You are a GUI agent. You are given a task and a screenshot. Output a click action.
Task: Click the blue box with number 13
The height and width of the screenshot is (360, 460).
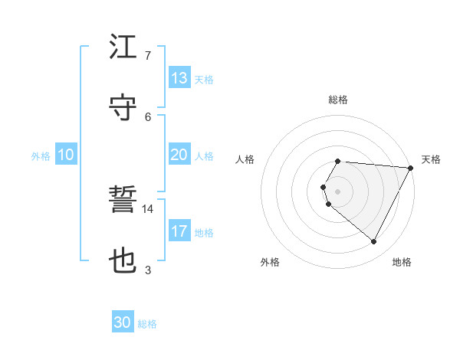coord(179,78)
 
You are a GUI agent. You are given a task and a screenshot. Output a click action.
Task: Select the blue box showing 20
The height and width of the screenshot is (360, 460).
coord(179,155)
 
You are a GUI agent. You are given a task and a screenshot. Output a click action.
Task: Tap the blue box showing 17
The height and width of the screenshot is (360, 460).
coord(179,231)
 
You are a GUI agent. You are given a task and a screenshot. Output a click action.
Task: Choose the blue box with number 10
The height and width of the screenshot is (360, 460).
coord(66,155)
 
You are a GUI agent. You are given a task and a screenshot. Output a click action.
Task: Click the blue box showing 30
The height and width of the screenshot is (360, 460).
coord(123,323)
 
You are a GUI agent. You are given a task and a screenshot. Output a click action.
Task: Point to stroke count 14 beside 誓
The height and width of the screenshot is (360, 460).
coord(148,208)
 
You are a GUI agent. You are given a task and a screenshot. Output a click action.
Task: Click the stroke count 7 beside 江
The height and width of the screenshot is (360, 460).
coord(148,55)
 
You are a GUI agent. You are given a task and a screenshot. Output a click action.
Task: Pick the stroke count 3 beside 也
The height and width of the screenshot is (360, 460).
coord(148,270)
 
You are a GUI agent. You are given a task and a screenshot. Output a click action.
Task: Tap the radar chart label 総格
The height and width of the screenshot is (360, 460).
coord(338,100)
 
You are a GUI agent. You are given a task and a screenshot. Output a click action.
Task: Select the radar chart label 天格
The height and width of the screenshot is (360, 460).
coord(431,159)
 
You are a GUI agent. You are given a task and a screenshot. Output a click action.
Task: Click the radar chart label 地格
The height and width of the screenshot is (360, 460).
coord(402,262)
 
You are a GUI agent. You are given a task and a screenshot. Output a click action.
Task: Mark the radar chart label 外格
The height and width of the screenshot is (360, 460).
coord(270,262)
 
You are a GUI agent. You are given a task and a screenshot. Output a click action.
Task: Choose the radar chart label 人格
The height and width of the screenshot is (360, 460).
coord(245,159)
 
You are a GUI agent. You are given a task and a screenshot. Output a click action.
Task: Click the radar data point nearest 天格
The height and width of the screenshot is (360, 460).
coord(411,168)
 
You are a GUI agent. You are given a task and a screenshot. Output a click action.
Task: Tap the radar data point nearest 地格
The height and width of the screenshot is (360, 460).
coord(374,242)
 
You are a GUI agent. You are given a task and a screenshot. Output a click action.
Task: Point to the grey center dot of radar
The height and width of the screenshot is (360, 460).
coord(338,191)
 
